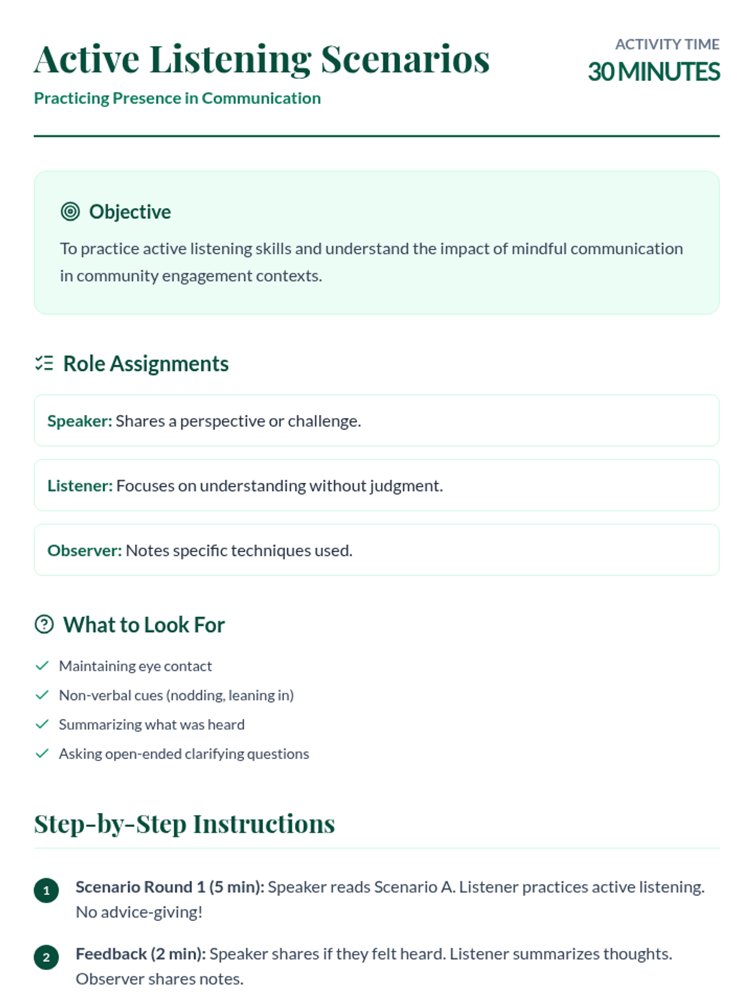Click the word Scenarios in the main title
point(405,60)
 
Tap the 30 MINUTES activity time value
point(653,72)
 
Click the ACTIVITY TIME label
point(666,45)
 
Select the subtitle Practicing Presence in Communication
point(177,98)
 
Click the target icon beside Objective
point(70,212)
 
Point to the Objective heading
point(130,212)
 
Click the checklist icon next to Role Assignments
point(44,363)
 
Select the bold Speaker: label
point(80,421)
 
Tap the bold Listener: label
point(80,486)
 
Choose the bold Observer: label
point(85,550)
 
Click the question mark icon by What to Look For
point(44,624)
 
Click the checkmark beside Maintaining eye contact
point(42,666)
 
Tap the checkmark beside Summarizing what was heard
point(42,724)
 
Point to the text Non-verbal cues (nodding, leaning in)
point(176,695)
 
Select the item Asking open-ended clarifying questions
point(184,754)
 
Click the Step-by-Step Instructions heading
point(184,824)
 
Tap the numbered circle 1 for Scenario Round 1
point(46,890)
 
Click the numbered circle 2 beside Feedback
point(46,957)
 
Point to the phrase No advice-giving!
point(139,912)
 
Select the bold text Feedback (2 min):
point(141,954)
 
